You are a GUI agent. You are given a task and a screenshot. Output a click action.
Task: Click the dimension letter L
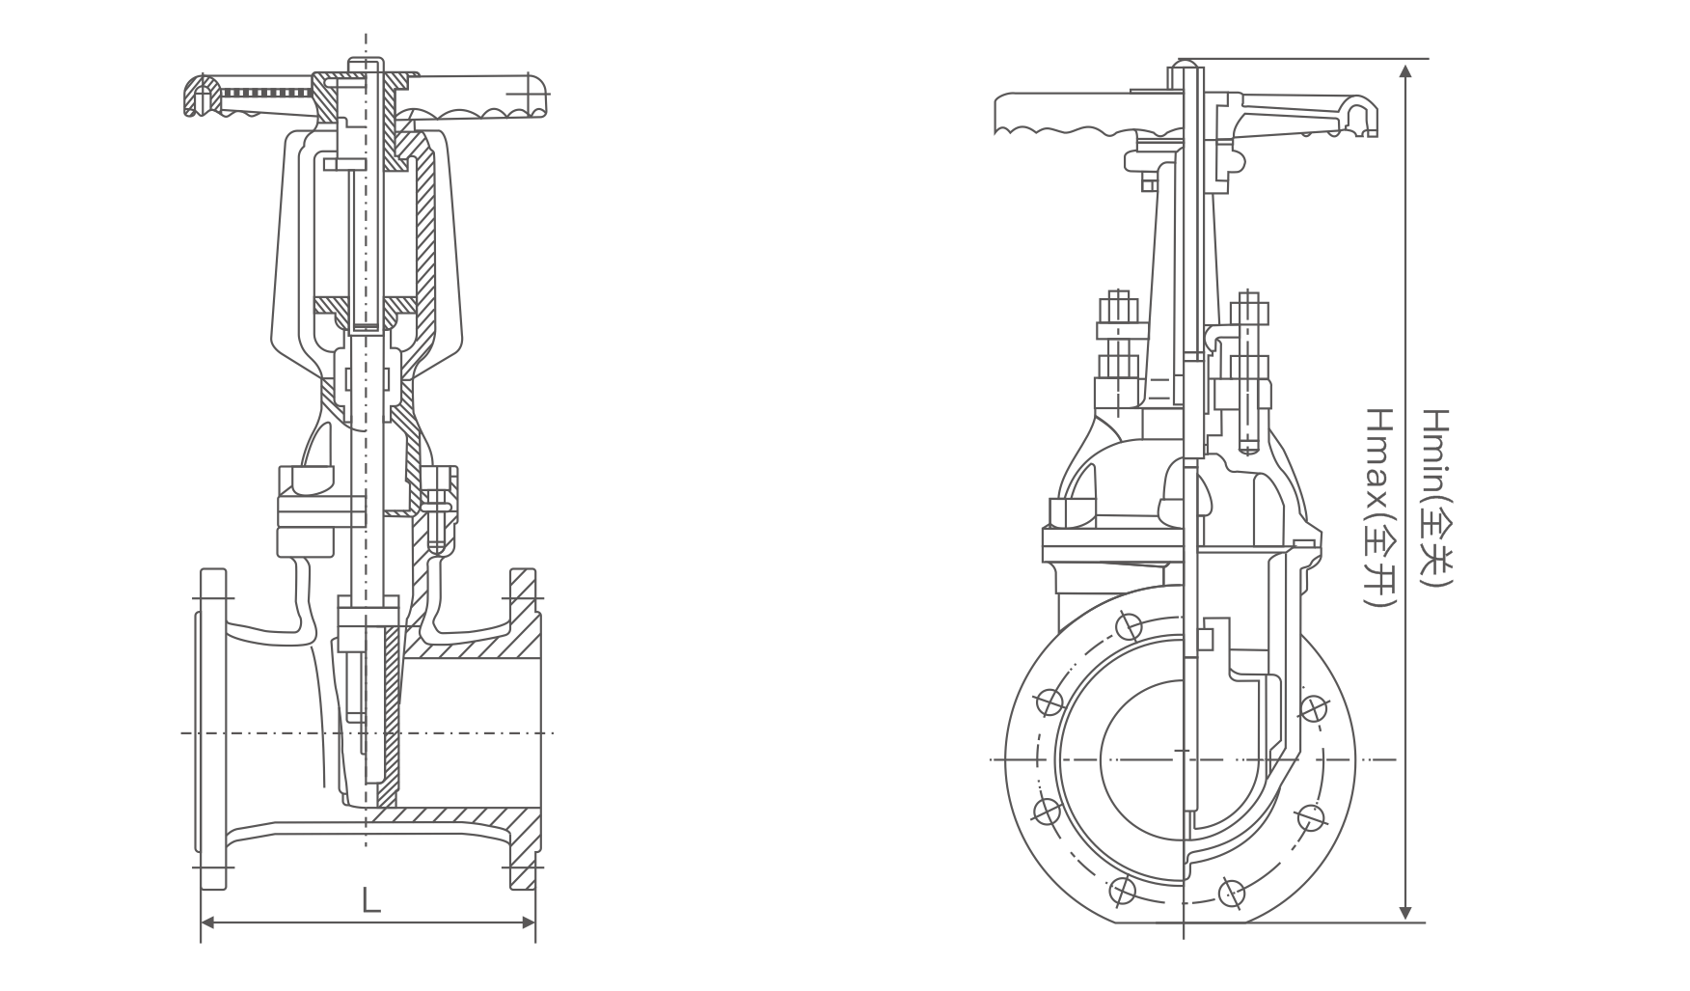point(371,901)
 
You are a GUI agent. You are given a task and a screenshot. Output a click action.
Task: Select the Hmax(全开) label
point(1380,506)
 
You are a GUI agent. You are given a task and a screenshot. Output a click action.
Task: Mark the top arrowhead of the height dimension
point(1406,70)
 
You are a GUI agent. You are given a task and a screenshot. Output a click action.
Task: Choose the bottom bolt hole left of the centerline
point(1121,890)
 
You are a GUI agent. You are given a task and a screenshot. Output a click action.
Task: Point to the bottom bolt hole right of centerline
point(1232,892)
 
